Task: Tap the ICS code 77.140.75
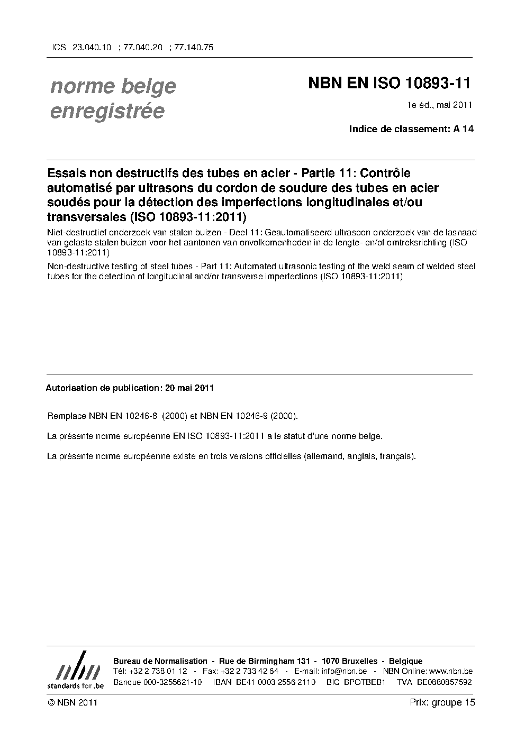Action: [x=194, y=47]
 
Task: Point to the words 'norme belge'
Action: [x=113, y=86]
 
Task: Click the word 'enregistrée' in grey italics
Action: [x=107, y=111]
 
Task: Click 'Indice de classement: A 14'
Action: [x=411, y=129]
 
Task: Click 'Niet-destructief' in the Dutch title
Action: [x=75, y=233]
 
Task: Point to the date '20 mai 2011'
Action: [x=189, y=388]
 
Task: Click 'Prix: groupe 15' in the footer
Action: [x=442, y=703]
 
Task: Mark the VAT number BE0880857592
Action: [x=444, y=682]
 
